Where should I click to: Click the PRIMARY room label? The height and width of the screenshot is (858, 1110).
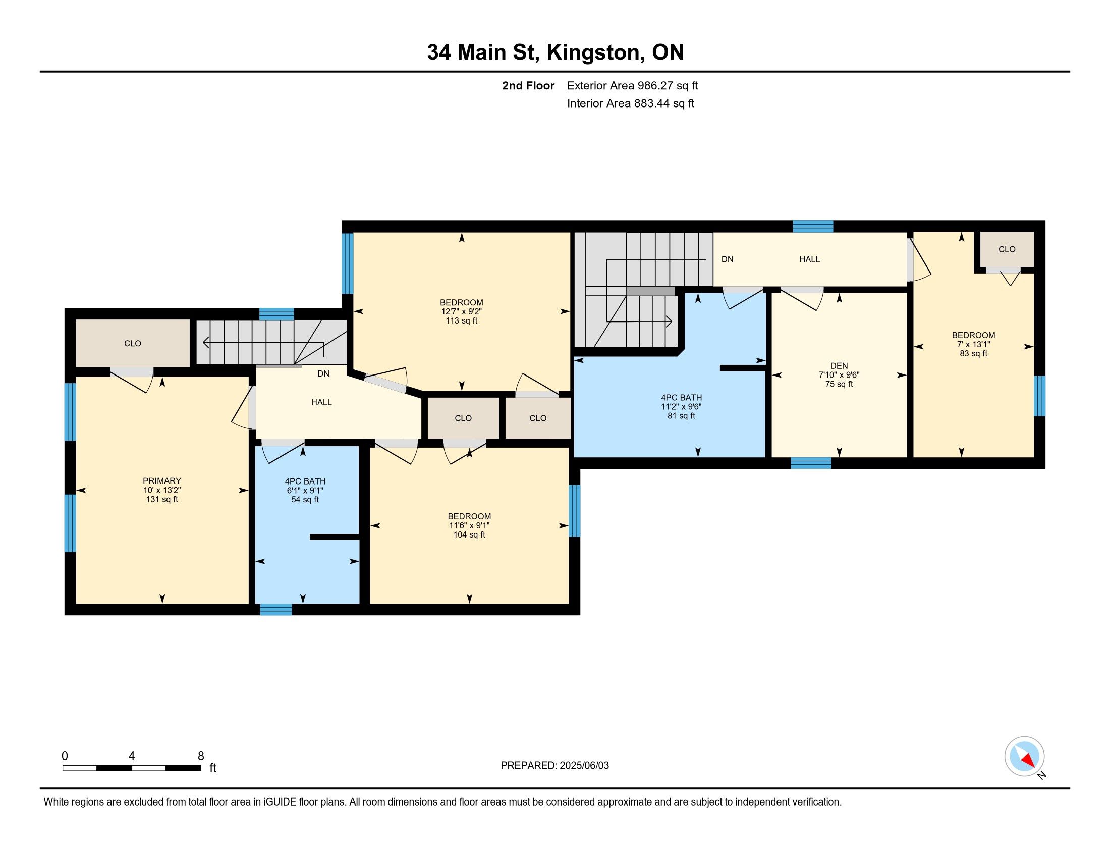161,481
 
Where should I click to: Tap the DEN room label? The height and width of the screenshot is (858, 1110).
839,366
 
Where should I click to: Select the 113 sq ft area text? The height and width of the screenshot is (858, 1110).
462,320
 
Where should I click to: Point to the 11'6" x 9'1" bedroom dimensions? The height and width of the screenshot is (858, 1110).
469,525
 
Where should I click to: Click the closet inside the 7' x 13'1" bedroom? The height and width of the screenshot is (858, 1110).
1007,249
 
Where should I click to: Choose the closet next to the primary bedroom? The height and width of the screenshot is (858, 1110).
133,343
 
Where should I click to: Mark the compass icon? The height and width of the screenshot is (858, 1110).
1024,756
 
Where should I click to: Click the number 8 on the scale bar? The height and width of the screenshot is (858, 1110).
201,756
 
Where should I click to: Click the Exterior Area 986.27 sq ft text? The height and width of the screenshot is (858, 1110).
632,85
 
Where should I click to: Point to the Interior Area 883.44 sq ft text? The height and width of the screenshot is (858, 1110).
631,103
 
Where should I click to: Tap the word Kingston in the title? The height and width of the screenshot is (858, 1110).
593,52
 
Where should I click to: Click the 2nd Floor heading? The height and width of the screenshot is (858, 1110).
528,85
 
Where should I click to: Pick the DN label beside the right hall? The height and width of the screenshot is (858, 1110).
727,259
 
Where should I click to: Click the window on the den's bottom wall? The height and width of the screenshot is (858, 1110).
811,463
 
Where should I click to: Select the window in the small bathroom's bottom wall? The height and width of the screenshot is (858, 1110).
276,609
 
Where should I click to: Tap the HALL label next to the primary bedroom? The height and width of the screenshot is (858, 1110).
321,402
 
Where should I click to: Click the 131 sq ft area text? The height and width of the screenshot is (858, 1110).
161,499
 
